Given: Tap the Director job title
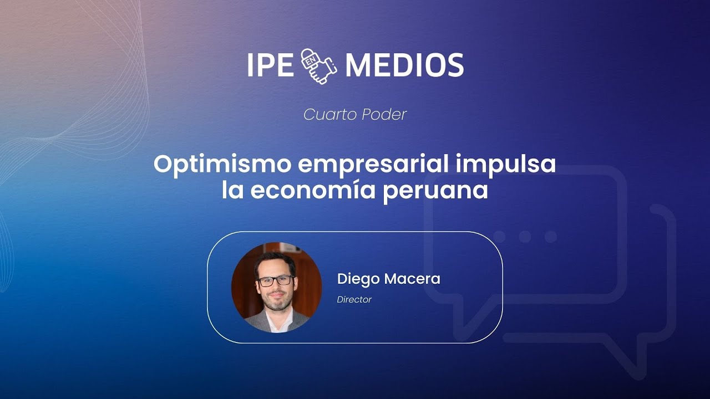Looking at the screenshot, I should coord(354,300).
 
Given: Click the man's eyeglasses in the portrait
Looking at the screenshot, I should coord(276,280).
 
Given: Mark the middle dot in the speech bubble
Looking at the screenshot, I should coord(525,237).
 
